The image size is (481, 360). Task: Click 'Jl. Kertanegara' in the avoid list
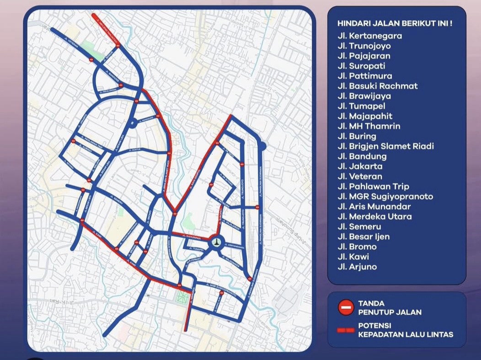(369, 36)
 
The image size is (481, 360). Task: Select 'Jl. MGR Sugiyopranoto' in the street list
(385, 196)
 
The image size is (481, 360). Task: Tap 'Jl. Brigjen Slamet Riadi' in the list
(385, 146)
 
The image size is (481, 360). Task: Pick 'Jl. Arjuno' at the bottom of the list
(357, 267)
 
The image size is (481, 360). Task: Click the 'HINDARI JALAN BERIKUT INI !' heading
(395, 23)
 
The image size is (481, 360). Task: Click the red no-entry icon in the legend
(346, 307)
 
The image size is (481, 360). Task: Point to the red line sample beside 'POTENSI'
(346, 330)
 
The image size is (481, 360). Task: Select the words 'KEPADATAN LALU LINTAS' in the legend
(406, 334)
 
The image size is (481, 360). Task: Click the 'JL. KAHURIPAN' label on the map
(191, 236)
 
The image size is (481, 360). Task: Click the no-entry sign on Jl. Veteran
(91, 60)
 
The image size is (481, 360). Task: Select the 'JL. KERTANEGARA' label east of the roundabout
(236, 246)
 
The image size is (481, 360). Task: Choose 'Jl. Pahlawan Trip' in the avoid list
(373, 186)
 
